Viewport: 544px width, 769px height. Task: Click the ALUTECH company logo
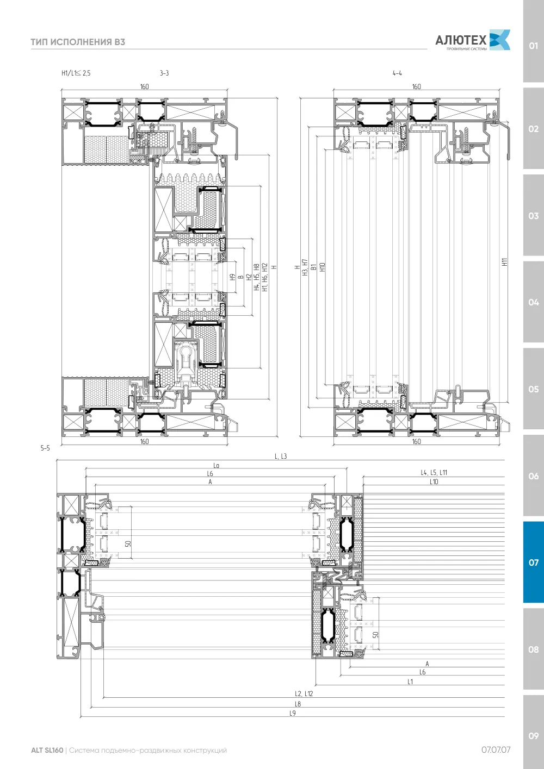point(473,40)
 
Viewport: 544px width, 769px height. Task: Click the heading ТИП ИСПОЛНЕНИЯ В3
point(78,42)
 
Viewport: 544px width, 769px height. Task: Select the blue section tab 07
point(533,562)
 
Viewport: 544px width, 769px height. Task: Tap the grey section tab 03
point(533,216)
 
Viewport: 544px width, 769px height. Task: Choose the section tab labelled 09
point(533,736)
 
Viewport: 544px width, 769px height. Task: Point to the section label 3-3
point(164,73)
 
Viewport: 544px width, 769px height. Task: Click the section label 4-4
point(397,73)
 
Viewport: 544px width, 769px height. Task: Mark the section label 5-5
point(45,448)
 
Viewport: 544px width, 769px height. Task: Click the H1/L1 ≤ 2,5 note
point(76,73)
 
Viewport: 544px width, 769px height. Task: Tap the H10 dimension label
point(322,267)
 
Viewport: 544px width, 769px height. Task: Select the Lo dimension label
point(216,466)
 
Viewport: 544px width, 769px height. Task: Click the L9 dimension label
point(293,713)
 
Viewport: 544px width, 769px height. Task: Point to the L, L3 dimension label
point(280,457)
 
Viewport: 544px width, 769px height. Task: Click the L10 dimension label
point(434,482)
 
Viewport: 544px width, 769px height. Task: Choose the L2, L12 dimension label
point(304,693)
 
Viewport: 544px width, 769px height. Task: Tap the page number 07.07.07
point(496,750)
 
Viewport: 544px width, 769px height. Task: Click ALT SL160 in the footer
point(47,750)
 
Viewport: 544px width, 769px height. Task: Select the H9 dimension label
point(233,277)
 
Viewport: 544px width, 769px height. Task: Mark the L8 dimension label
point(298,704)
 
